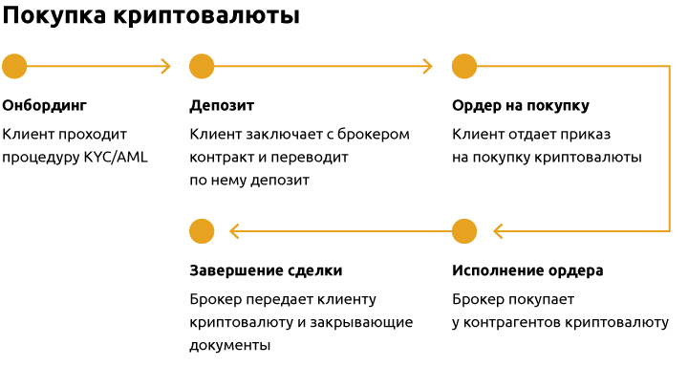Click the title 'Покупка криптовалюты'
151,17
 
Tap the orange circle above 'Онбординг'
14,66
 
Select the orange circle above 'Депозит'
202,66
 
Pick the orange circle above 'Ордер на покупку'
464,66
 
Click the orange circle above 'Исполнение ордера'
464,231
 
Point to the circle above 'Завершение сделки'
202,231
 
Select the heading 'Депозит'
222,105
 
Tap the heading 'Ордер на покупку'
520,105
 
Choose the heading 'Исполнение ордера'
527,270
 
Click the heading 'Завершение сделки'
266,270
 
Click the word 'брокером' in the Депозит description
376,134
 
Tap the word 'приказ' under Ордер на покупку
588,134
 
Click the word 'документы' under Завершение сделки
230,345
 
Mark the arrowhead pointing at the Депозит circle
166,66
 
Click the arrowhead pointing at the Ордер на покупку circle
428,66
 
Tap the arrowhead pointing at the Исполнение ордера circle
498,231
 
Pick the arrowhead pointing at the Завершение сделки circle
235,231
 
